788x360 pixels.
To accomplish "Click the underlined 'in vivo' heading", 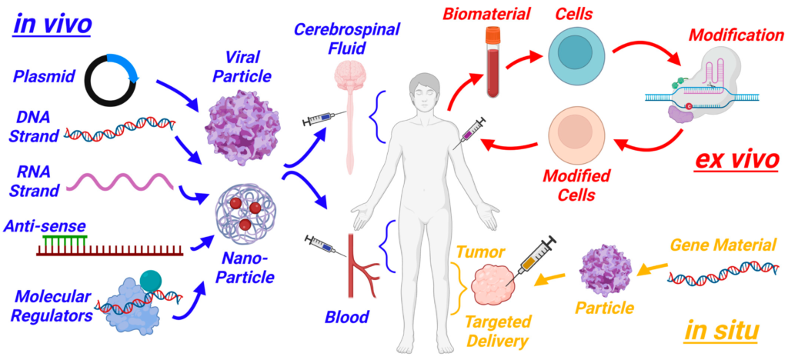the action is pos(52,23).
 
